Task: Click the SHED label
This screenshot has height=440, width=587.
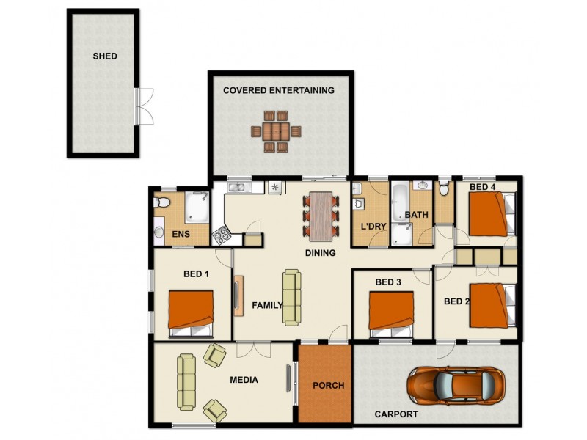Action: point(104,56)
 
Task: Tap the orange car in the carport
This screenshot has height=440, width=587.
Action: point(456,384)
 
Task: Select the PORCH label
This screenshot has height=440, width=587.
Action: point(324,385)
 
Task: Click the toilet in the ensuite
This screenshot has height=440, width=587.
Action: point(162,202)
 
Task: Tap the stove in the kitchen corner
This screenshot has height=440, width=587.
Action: point(222,235)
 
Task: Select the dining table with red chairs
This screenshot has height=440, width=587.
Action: point(321,213)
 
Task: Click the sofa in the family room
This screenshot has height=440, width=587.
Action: point(291,297)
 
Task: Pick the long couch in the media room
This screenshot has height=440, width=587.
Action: point(186,381)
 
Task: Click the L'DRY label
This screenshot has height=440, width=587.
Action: point(368,226)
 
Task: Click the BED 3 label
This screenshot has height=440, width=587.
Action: point(388,282)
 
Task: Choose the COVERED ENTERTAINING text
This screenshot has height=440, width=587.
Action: point(278,90)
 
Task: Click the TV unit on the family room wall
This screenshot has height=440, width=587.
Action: point(239,295)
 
